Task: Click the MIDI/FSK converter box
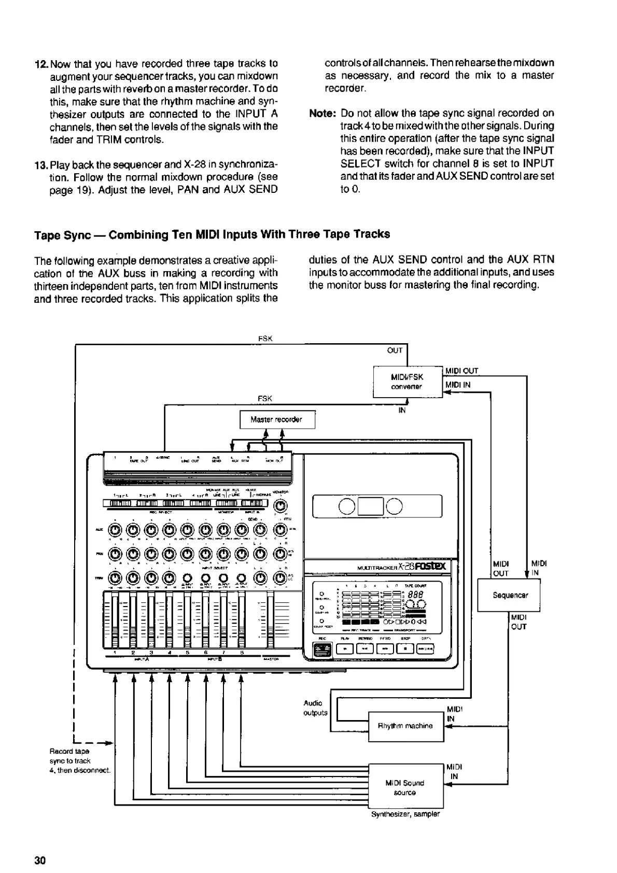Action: [408, 382]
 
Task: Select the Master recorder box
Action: [277, 419]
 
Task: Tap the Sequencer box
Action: [510, 595]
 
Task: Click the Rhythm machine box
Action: [405, 726]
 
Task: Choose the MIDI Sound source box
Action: [405, 787]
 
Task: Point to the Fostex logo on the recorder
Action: [430, 566]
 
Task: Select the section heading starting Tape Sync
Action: [212, 234]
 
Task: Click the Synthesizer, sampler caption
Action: [405, 814]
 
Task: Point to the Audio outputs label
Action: [315, 708]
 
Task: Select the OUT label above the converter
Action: [395, 350]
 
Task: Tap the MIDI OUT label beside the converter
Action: [461, 371]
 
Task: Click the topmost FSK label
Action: [265, 339]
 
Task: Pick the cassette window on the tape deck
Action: [377, 506]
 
